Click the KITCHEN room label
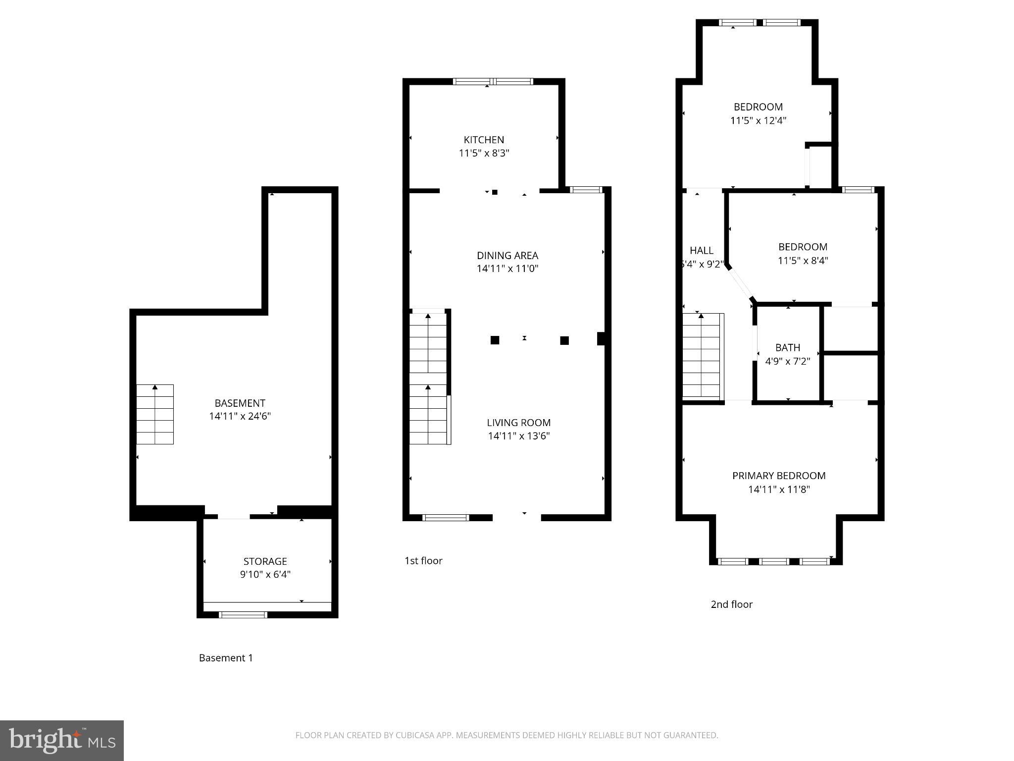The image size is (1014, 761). [x=484, y=140]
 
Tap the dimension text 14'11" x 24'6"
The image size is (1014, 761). [x=240, y=416]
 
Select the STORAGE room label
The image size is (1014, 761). [x=265, y=561]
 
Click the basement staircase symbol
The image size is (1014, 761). [x=155, y=414]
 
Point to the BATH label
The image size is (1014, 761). [x=787, y=348]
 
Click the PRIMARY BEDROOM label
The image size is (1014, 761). [x=779, y=476]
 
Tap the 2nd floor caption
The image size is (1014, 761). [x=731, y=604]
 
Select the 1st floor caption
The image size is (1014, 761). [x=423, y=561]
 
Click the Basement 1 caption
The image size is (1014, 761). [x=226, y=658]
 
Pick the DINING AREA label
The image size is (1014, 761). [x=507, y=256]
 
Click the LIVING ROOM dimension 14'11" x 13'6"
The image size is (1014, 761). [x=519, y=436]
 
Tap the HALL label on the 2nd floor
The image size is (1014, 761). [x=701, y=251]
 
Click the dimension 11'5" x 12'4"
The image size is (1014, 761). [x=758, y=120]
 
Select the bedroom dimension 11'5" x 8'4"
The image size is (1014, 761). [x=803, y=261]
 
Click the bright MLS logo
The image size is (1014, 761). [x=62, y=741]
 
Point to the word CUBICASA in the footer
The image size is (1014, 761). [x=415, y=735]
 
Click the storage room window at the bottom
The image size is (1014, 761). [x=243, y=615]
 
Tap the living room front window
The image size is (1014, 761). [x=445, y=518]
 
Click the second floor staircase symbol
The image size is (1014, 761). [x=701, y=355]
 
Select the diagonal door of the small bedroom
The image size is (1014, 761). [x=740, y=284]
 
